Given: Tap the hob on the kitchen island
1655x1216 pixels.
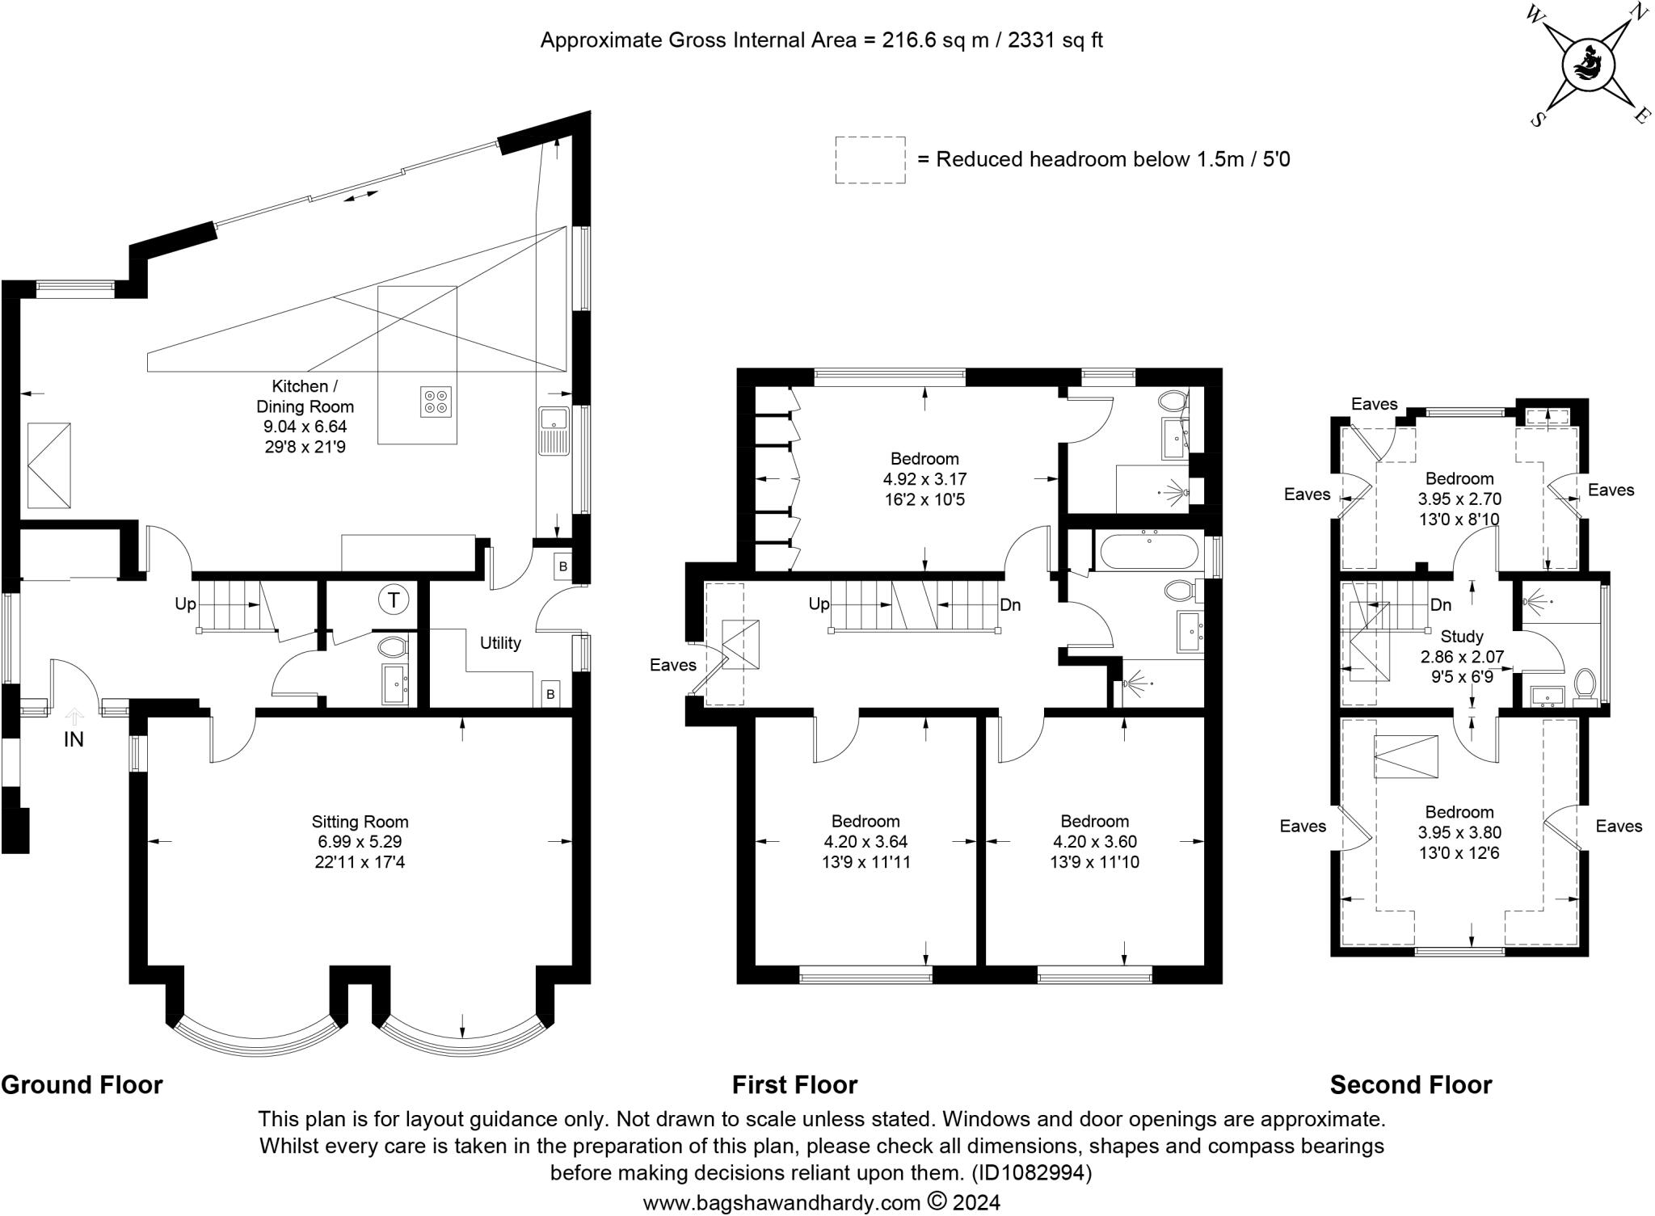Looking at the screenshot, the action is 436,402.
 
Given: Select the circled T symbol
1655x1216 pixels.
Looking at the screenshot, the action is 394,600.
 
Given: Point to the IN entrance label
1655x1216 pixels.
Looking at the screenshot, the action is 74,739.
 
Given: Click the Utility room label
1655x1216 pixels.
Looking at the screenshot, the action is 500,643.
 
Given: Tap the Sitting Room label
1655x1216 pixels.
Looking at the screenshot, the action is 360,822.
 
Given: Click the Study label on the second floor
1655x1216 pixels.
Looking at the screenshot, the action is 1463,637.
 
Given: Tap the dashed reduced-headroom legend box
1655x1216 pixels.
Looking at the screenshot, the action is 870,160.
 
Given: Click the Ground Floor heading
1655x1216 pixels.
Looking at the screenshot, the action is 82,1084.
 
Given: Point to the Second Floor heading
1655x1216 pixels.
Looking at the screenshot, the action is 1411,1084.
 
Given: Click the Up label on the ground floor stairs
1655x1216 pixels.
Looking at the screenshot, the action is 185,604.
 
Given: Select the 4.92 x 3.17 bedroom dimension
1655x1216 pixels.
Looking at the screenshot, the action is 925,479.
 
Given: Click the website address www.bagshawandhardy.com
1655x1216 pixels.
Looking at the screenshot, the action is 781,1203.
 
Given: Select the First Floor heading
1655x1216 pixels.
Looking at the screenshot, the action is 794,1084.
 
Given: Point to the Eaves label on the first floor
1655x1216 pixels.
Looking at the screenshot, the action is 673,665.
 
